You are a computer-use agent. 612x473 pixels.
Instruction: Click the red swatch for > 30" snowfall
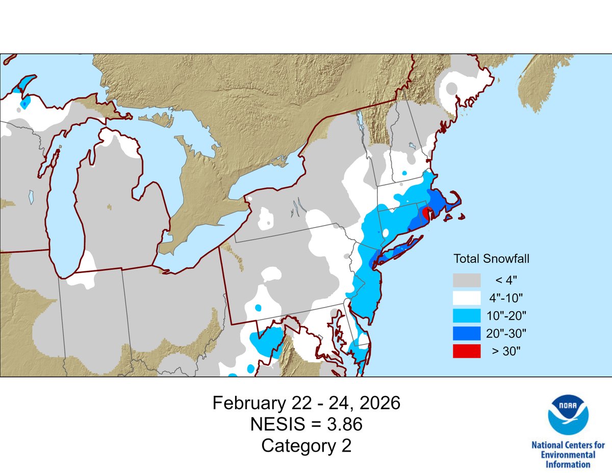point(467,351)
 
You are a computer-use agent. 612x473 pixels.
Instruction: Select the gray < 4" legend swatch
point(467,280)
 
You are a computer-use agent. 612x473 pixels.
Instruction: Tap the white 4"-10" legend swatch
point(467,297)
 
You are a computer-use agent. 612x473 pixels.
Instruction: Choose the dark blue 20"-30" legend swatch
point(467,333)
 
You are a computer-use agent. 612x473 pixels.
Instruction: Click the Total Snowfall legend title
point(491,259)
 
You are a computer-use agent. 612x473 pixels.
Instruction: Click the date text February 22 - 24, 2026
point(306,403)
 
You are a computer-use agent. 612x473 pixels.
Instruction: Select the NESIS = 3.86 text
point(306,424)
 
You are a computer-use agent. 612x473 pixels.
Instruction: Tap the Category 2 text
point(306,445)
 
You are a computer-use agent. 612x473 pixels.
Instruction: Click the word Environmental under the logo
point(568,455)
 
